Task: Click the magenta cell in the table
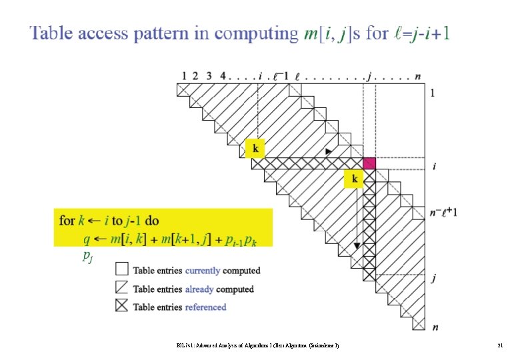tap(369, 163)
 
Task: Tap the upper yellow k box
tap(255, 149)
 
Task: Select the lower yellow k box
tap(354, 179)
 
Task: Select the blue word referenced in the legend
tap(205, 307)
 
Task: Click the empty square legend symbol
tap(121, 269)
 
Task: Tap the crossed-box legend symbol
tap(121, 307)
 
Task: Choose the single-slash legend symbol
tap(121, 288)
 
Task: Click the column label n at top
tap(417, 77)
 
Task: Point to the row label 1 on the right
tap(435, 93)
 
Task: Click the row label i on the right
tap(435, 166)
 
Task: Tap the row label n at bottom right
tap(435, 327)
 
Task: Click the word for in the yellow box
tap(67, 220)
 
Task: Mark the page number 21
tap(499, 345)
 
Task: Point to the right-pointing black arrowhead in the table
tap(328, 153)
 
